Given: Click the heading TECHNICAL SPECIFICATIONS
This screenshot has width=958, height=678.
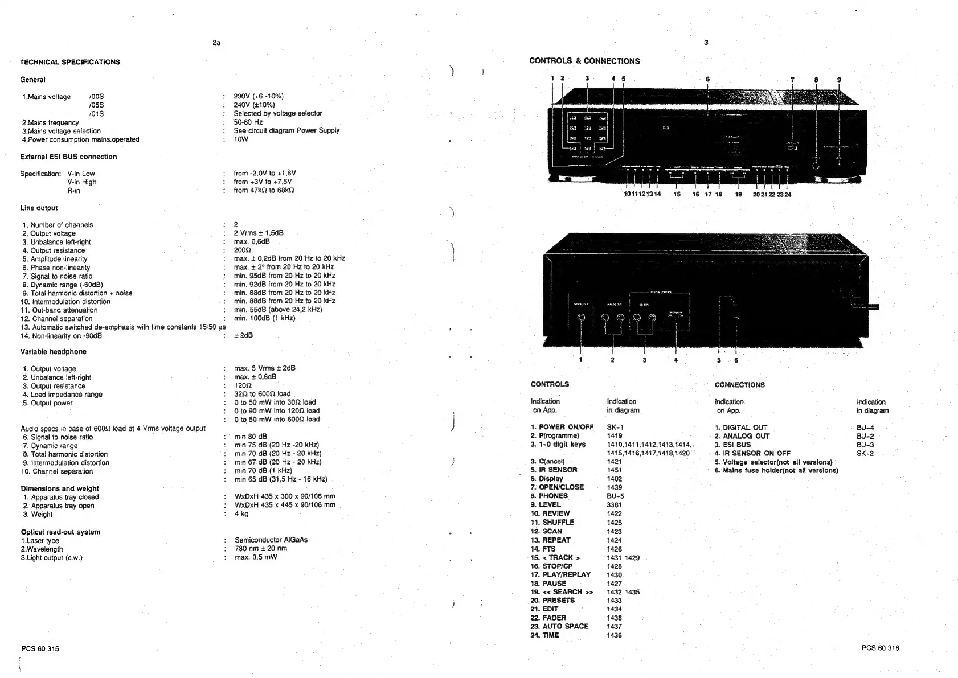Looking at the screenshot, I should click(70, 62).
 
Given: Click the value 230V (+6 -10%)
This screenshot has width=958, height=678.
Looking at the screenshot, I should click(259, 96).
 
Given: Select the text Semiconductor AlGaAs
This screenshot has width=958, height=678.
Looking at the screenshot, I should click(271, 540).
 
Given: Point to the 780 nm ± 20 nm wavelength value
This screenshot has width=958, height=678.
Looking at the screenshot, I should click(261, 549).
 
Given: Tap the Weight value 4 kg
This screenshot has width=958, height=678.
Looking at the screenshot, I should click(241, 513).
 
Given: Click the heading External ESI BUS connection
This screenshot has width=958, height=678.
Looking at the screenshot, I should click(68, 157).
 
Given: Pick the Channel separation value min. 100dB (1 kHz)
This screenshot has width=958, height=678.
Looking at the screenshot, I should click(264, 318).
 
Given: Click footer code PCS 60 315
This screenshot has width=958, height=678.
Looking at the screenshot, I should click(40, 648).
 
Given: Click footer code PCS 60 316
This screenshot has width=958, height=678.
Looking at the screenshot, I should click(880, 648).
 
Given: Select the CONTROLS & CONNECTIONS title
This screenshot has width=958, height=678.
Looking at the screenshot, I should click(584, 61).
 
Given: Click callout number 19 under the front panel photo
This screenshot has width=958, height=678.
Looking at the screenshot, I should click(739, 194).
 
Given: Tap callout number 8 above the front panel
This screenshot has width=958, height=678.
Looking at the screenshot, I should click(816, 80).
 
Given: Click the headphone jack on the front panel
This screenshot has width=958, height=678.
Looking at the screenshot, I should click(816, 165).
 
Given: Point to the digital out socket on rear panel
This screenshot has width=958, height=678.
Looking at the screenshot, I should click(580, 318).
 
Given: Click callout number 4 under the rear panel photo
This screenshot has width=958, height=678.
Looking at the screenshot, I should click(676, 360).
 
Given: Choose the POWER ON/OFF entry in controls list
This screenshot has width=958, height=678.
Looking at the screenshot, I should click(562, 427).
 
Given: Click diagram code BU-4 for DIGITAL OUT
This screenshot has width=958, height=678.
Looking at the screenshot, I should click(865, 428).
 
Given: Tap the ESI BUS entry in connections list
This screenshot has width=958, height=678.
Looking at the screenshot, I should click(733, 445).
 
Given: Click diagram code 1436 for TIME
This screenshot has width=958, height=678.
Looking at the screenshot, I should click(614, 635).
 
